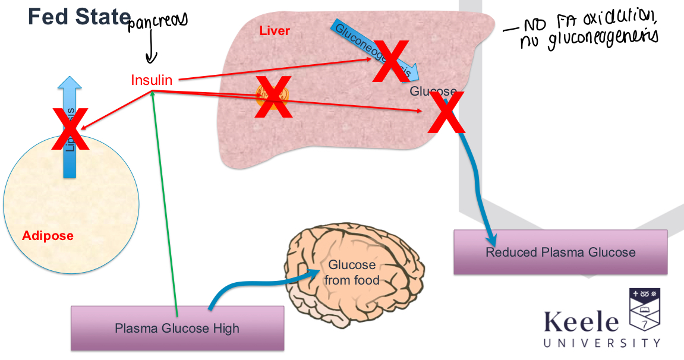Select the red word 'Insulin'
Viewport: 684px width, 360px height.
click(x=152, y=80)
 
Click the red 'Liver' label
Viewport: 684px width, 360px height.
click(x=275, y=30)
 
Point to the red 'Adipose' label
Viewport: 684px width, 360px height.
click(x=48, y=236)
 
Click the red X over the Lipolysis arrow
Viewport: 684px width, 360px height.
click(x=70, y=128)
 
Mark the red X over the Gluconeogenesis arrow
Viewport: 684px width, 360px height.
click(x=390, y=61)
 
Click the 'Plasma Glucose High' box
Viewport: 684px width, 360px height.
click(x=177, y=328)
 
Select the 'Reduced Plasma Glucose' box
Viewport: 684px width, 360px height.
click(x=560, y=252)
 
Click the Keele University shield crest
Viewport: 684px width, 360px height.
click(x=644, y=311)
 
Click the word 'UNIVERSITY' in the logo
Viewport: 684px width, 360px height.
click(x=601, y=343)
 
